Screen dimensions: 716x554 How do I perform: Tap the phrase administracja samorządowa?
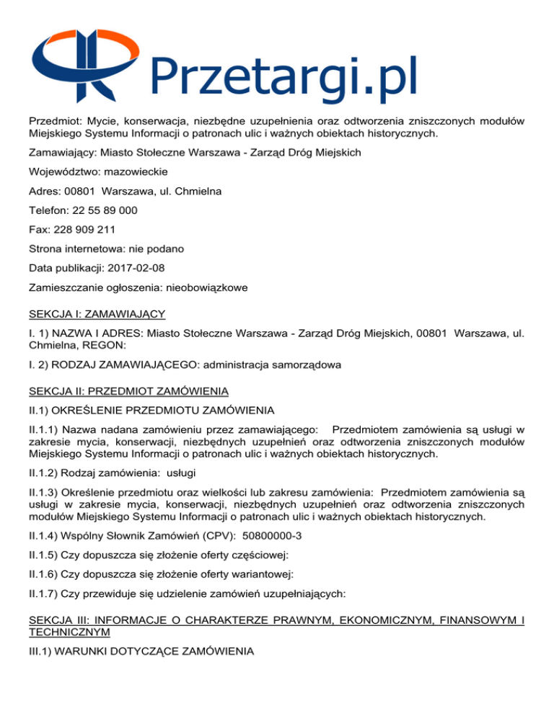click(276, 365)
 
